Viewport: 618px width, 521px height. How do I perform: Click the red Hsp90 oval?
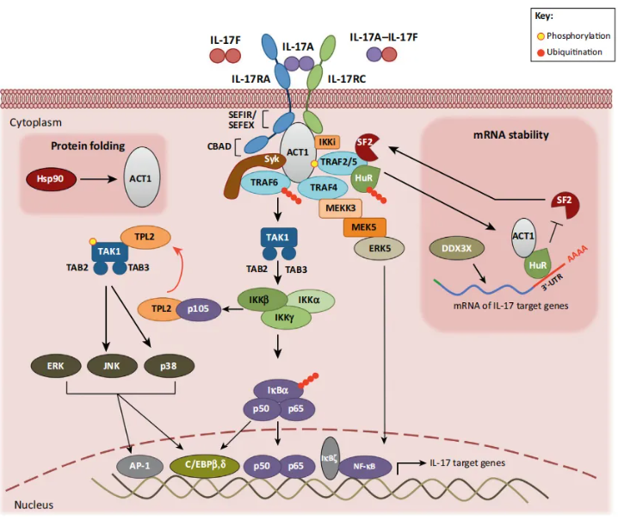coord(51,179)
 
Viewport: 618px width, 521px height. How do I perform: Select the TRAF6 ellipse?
coord(265,183)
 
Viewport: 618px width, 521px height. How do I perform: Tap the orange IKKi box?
coord(327,142)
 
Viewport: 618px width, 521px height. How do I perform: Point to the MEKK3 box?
coord(341,208)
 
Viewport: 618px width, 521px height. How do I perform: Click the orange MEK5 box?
coord(364,227)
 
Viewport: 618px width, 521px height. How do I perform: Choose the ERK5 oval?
coord(380,249)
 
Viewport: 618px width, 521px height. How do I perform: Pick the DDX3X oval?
coord(457,249)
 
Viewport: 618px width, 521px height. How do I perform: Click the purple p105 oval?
coord(198,309)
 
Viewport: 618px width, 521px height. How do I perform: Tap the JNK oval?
coord(112,366)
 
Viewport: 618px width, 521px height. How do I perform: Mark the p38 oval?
coord(169,366)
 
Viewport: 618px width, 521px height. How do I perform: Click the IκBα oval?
coord(278,390)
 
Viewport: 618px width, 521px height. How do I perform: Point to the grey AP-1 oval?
coord(140,466)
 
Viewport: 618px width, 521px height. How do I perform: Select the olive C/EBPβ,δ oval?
coord(205,465)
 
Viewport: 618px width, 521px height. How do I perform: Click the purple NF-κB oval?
coord(364,467)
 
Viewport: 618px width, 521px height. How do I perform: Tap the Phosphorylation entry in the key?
coord(573,36)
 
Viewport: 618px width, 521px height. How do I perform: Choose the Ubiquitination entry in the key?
coord(570,52)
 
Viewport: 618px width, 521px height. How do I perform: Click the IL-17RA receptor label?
coord(251,79)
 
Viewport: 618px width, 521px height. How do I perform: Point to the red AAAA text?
coord(578,253)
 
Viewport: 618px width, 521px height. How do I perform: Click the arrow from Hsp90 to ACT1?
coord(99,179)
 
